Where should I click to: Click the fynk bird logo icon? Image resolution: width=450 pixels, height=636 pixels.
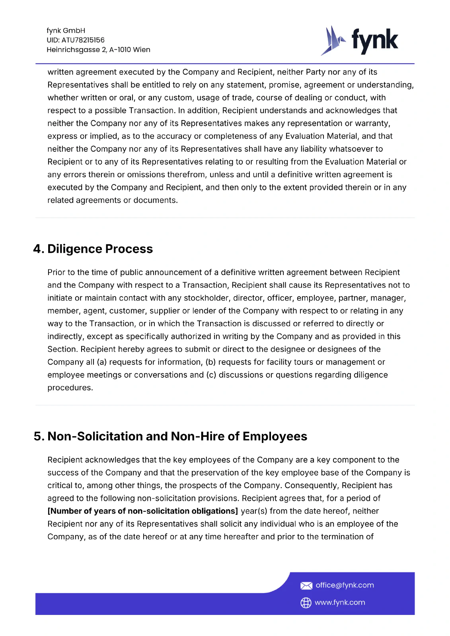point(333,41)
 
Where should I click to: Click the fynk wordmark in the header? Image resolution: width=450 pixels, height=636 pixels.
point(374,41)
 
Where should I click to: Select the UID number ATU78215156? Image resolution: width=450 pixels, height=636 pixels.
point(83,40)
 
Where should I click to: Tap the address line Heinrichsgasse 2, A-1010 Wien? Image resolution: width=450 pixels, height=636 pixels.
point(98,50)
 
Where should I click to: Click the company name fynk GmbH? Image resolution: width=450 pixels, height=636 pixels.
point(66,31)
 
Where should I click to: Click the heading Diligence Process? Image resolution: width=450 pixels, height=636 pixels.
point(100,249)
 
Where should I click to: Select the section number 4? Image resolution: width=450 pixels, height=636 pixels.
point(38,249)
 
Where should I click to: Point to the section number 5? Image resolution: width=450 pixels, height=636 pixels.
point(39,436)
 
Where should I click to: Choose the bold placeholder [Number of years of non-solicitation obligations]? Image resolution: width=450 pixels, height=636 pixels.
point(142,511)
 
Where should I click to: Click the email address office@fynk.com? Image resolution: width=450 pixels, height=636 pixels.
point(345,585)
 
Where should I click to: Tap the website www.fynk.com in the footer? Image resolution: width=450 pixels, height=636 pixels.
point(340,603)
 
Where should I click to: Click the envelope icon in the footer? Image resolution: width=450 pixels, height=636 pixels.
point(306,586)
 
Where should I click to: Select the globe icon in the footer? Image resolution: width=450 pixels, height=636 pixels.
point(306,603)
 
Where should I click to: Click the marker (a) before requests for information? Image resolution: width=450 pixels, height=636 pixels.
point(102,362)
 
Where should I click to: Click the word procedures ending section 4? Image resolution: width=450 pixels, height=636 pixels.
point(70,388)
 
